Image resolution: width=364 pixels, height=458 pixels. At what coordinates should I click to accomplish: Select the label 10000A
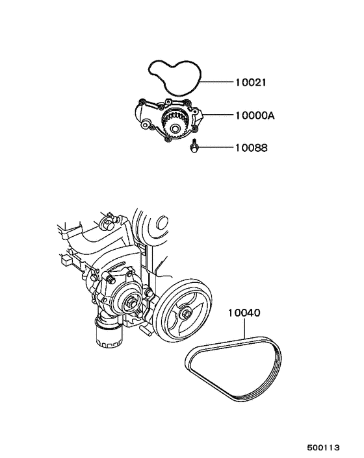pos(254,115)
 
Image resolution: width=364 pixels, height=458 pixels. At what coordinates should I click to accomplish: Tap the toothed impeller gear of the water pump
pos(176,121)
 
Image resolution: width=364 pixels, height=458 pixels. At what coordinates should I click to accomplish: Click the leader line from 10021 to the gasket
pos(218,83)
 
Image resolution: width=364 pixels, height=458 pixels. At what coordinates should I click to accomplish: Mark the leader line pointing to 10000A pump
pos(220,115)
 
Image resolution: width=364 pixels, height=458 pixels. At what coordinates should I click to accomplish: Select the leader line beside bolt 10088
pos(216,148)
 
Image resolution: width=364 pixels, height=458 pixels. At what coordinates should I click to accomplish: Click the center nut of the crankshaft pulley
pos(186,315)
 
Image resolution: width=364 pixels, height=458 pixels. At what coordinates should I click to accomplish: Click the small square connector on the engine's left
pos(67,262)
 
